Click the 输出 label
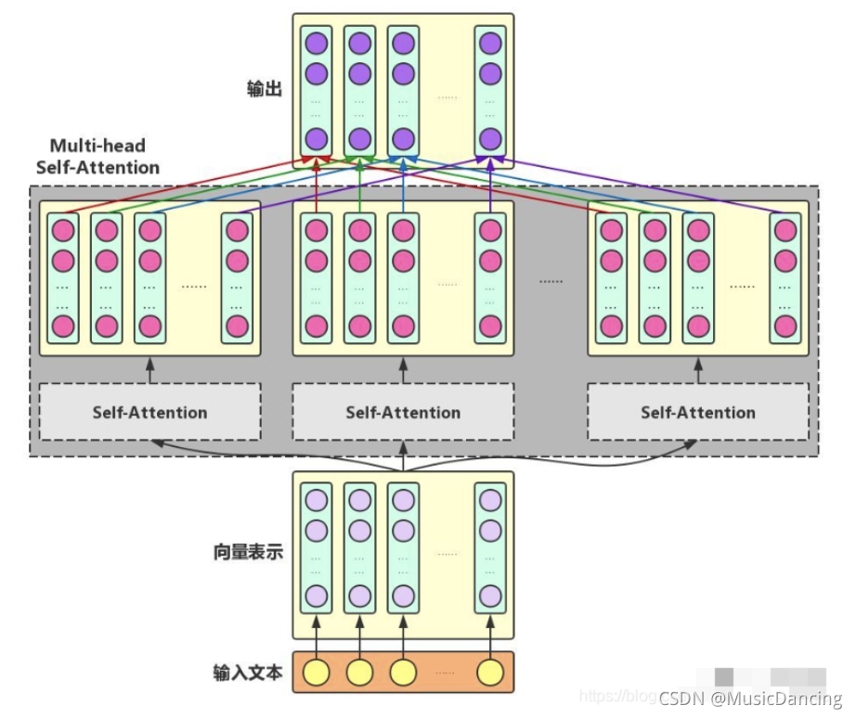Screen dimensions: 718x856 264,89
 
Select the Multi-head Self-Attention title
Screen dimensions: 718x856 97,157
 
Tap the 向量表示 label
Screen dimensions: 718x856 248,553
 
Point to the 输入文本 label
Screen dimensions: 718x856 248,673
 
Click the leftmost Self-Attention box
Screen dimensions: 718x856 149,412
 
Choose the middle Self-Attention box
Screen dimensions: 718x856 403,412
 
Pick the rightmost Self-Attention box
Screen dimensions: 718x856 698,412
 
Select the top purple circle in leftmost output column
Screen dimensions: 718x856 317,43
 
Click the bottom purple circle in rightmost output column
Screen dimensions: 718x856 491,140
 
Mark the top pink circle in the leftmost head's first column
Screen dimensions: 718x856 63,229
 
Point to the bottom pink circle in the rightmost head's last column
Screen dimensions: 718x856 785,327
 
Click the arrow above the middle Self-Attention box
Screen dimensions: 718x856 403,369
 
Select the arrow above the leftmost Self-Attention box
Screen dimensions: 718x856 149,369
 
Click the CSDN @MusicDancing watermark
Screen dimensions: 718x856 750,698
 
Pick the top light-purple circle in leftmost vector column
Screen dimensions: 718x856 317,500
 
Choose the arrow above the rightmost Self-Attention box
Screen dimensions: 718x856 698,369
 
